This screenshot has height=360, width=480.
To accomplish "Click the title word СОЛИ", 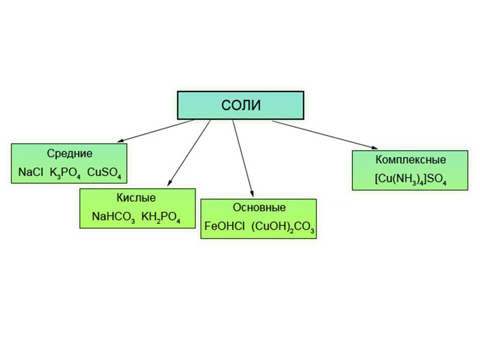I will click(x=241, y=105).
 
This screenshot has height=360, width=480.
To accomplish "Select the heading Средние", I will click(x=70, y=153).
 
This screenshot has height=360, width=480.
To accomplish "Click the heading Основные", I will click(x=259, y=207).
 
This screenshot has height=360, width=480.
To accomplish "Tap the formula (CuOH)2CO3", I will click(x=282, y=226).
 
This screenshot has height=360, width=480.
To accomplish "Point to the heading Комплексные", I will click(x=410, y=160).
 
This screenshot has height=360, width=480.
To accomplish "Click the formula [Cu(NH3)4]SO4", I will click(x=410, y=179).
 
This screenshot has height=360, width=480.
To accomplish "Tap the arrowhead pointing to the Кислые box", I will click(x=168, y=183).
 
